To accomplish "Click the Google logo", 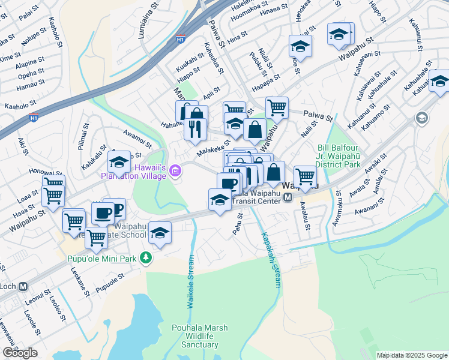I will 20,353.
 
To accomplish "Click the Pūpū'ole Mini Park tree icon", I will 145,257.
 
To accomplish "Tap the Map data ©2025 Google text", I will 411,355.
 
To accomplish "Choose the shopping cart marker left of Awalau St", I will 306,177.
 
